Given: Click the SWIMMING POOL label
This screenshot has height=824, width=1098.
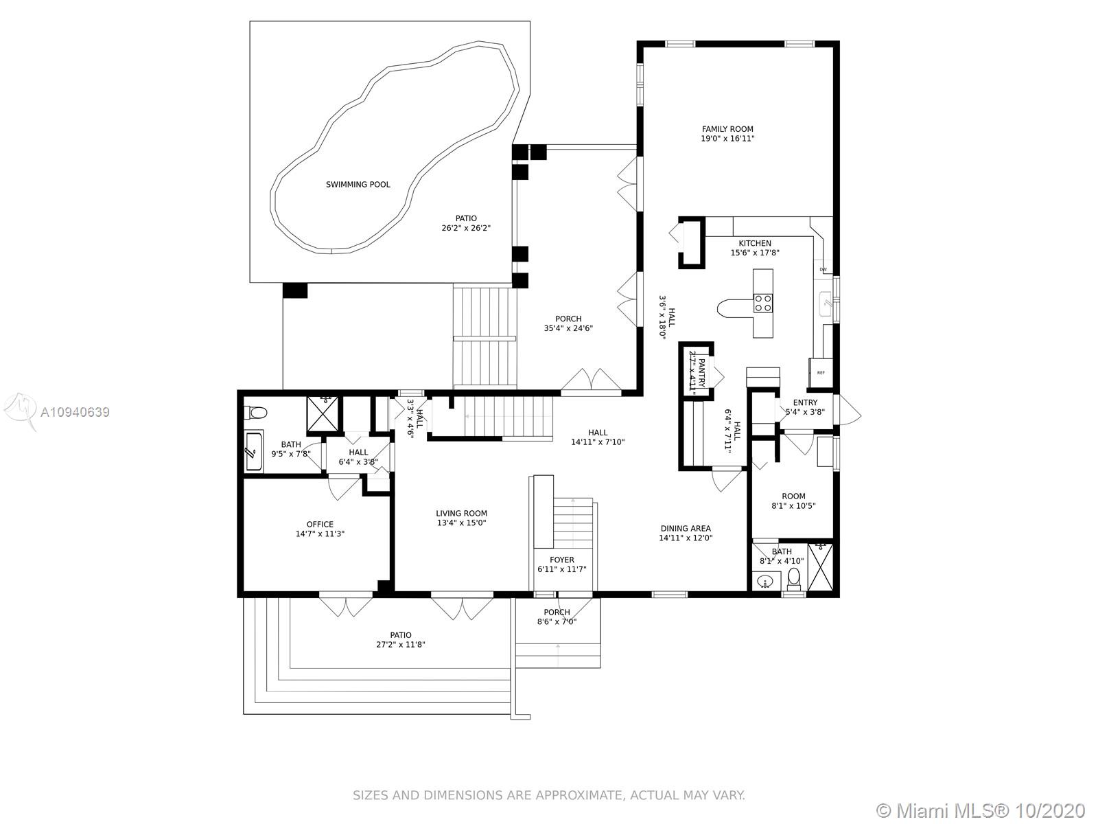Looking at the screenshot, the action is tap(358, 185).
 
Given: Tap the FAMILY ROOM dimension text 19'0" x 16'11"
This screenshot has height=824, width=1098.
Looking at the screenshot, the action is tap(727, 139).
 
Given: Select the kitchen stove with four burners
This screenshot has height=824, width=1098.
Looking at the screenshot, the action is tap(763, 304).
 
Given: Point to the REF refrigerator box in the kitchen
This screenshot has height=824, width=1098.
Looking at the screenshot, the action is tap(821, 374).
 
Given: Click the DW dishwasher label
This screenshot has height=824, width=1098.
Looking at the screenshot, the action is tap(823, 270).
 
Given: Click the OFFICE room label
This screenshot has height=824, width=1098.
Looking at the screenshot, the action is tap(320, 525).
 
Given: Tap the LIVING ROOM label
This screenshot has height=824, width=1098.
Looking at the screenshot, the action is tap(461, 514).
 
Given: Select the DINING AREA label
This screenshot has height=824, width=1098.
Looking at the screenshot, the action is tap(686, 528).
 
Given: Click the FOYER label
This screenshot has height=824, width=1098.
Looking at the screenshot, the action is tap(562, 560).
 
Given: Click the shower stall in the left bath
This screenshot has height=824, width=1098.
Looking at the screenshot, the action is tap(323, 413).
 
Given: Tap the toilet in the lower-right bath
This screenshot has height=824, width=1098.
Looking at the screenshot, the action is tap(794, 579).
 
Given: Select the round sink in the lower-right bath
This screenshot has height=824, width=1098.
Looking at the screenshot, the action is tap(765, 582).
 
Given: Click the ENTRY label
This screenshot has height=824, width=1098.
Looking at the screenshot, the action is tap(806, 403).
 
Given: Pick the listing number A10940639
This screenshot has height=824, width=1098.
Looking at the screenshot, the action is tap(75, 412).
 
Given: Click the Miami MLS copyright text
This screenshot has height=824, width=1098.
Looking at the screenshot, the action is tap(981, 810).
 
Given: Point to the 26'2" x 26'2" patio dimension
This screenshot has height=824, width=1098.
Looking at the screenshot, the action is tap(466, 228).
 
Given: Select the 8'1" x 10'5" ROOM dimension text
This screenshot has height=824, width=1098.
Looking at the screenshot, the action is tap(793, 506).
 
